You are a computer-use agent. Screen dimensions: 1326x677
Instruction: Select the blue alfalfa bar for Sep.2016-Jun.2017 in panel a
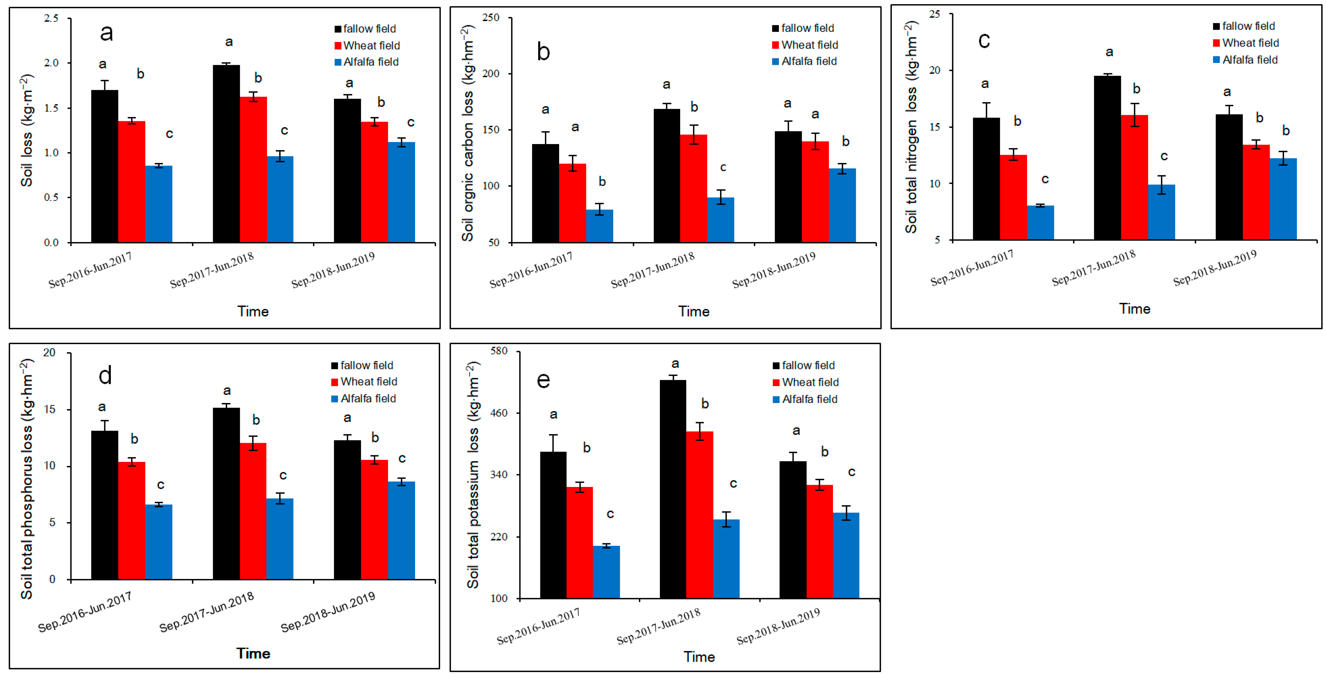158,204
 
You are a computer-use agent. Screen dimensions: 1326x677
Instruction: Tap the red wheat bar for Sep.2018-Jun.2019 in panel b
815,192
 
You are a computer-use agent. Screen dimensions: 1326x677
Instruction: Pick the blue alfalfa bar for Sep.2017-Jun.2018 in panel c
1161,212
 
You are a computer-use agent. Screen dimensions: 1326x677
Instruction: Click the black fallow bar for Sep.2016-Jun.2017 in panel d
105,505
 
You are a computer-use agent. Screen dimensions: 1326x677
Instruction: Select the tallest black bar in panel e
673,489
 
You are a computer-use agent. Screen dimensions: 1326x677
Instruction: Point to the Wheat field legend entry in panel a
367,45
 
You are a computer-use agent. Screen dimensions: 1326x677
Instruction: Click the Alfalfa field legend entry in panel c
1245,60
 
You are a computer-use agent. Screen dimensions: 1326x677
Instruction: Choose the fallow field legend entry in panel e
804,365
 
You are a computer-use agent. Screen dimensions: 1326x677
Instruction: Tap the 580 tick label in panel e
499,351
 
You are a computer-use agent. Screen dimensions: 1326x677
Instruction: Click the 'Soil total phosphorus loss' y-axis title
27,479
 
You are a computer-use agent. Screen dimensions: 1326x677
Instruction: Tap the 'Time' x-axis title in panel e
699,657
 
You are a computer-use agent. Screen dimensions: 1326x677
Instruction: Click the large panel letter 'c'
984,40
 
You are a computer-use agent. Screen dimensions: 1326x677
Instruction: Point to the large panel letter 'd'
105,375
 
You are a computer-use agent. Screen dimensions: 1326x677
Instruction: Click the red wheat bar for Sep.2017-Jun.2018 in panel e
700,515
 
